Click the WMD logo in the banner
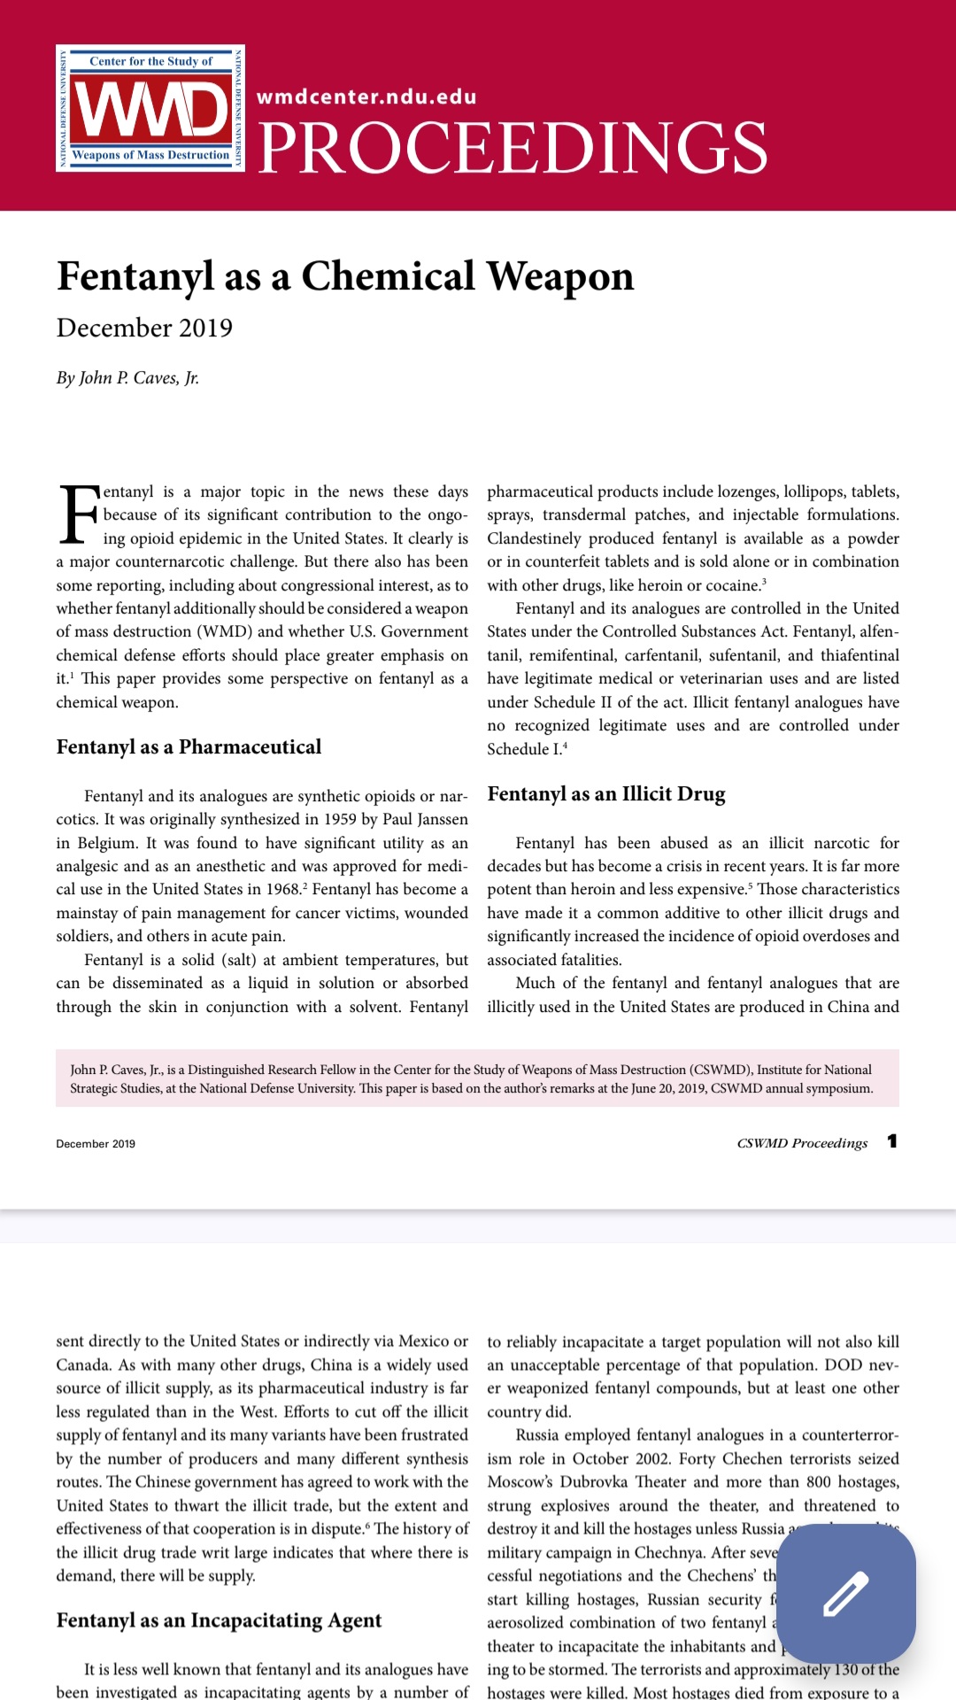pyautogui.click(x=150, y=108)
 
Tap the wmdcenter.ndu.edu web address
pyautogui.click(x=366, y=97)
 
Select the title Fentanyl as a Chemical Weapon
pyautogui.click(x=345, y=276)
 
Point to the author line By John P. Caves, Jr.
pyautogui.click(x=127, y=378)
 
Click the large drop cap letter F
pyautogui.click(x=78, y=514)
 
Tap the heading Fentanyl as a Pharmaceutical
pyautogui.click(x=189, y=747)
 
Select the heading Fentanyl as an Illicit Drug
pyautogui.click(x=606, y=794)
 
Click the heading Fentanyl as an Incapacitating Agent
pyautogui.click(x=219, y=1620)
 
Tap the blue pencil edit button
pyautogui.click(x=845, y=1593)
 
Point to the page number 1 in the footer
pyautogui.click(x=892, y=1141)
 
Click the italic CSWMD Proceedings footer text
pyautogui.click(x=802, y=1143)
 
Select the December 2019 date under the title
pyautogui.click(x=144, y=328)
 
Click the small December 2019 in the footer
pyautogui.click(x=96, y=1144)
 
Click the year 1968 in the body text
pyautogui.click(x=283, y=889)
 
